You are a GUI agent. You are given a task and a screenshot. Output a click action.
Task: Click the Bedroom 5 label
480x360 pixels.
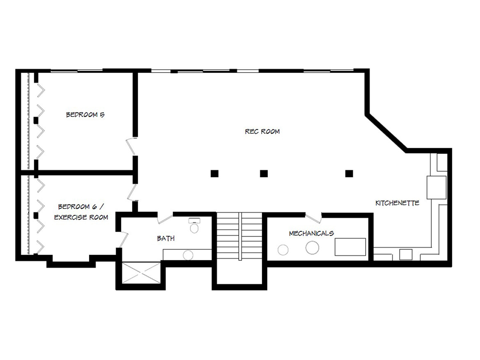click(85, 115)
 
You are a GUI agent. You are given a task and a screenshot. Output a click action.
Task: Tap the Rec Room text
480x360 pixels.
click(262, 131)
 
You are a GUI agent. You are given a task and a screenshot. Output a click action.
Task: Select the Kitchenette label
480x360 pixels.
click(397, 203)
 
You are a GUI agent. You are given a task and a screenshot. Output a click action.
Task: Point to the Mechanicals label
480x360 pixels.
click(311, 233)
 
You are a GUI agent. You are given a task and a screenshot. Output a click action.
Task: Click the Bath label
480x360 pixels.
click(166, 238)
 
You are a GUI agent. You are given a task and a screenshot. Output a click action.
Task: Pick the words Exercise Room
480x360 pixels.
click(81, 217)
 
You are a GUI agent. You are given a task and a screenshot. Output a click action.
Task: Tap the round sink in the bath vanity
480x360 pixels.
click(188, 255)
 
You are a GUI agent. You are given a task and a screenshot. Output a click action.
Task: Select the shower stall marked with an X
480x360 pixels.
click(141, 273)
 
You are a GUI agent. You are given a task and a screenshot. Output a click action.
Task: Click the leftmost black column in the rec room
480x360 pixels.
click(215, 173)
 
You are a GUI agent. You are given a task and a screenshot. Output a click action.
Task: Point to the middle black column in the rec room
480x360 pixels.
click(264, 173)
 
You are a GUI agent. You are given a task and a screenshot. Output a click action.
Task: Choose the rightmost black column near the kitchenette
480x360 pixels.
click(349, 173)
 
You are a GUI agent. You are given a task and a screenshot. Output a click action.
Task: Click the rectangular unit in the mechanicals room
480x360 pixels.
click(350, 247)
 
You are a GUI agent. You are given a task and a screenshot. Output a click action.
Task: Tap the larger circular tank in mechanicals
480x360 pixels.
click(312, 248)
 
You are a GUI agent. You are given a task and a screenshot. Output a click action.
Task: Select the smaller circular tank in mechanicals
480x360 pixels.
click(283, 250)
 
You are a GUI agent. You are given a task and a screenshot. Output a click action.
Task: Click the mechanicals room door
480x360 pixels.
click(313, 218)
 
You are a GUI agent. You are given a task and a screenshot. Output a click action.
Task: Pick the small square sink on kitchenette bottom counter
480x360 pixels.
click(406, 255)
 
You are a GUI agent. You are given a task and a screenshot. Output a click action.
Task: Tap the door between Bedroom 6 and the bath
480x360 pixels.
click(123, 240)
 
